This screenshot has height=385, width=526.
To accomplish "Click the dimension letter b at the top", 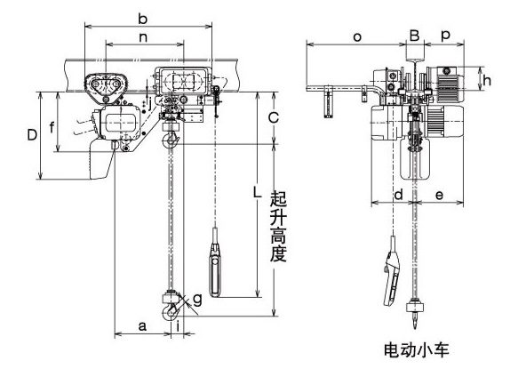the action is click(x=142, y=20).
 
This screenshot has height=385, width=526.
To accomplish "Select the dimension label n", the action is click(x=143, y=37).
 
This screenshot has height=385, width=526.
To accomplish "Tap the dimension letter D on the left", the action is click(x=32, y=135).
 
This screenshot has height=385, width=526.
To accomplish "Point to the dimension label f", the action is click(x=52, y=127).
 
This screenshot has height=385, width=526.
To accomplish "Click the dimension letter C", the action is click(x=274, y=118).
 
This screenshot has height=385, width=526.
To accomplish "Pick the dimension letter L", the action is click(x=257, y=193).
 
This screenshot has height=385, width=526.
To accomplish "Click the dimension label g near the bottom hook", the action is click(x=197, y=299).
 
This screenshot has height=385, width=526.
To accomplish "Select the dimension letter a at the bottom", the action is click(x=142, y=325).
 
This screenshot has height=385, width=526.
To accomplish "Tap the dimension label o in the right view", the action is click(x=357, y=36).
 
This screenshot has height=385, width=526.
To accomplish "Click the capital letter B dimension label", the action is click(x=415, y=36).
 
